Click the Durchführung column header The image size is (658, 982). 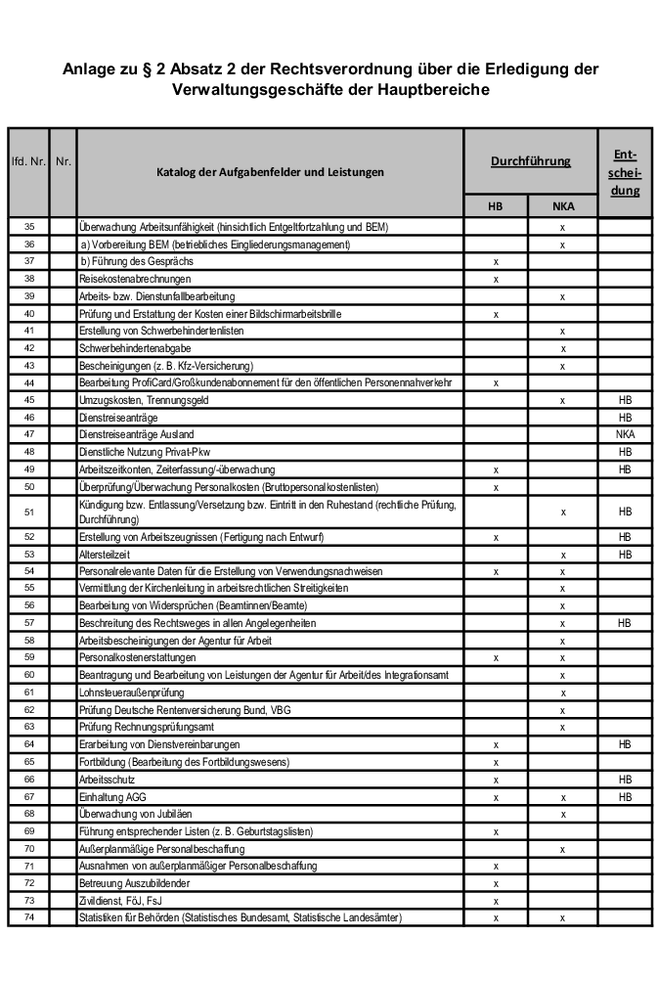click(x=530, y=160)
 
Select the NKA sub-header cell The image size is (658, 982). click(x=562, y=206)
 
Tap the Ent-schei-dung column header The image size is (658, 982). click(x=625, y=172)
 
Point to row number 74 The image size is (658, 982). click(x=28, y=917)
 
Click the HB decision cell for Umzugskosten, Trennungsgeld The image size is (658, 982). click(x=625, y=401)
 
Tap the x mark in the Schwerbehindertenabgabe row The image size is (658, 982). click(x=562, y=348)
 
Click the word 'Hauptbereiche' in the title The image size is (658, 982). click(x=432, y=90)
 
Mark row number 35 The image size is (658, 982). click(x=28, y=227)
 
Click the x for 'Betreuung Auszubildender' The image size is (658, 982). click(x=496, y=883)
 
